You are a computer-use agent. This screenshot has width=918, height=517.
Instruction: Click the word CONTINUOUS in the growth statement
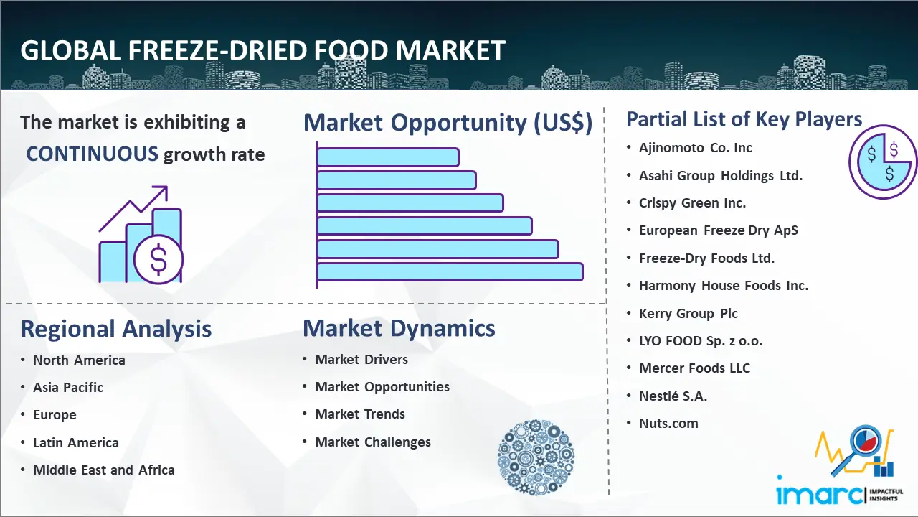[93, 154]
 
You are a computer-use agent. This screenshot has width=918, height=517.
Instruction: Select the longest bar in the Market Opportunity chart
[450, 272]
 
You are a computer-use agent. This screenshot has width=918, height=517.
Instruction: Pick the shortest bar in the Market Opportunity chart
[388, 157]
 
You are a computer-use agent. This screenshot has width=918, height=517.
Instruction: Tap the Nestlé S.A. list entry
[673, 396]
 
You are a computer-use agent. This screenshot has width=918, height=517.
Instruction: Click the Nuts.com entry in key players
[668, 424]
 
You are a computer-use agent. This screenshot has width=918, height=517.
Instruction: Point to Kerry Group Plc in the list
[688, 314]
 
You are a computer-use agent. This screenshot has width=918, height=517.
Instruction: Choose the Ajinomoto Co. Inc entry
[696, 148]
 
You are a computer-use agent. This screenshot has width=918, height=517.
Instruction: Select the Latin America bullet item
[76, 443]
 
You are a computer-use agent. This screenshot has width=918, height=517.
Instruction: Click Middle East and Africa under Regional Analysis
[104, 470]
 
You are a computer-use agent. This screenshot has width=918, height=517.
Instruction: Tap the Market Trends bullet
[360, 414]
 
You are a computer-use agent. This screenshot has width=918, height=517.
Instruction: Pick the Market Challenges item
[372, 442]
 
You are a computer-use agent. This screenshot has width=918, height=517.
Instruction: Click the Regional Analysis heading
[116, 329]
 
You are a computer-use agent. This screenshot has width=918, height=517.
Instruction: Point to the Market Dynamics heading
[399, 328]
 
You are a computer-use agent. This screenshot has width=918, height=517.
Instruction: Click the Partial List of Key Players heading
[744, 119]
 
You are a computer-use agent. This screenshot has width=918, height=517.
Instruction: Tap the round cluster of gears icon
[536, 457]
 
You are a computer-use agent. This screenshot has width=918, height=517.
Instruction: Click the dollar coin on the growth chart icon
[158, 260]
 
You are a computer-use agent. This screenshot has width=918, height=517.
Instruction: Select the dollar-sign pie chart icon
[883, 162]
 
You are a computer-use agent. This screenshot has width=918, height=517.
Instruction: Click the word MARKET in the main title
[450, 50]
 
